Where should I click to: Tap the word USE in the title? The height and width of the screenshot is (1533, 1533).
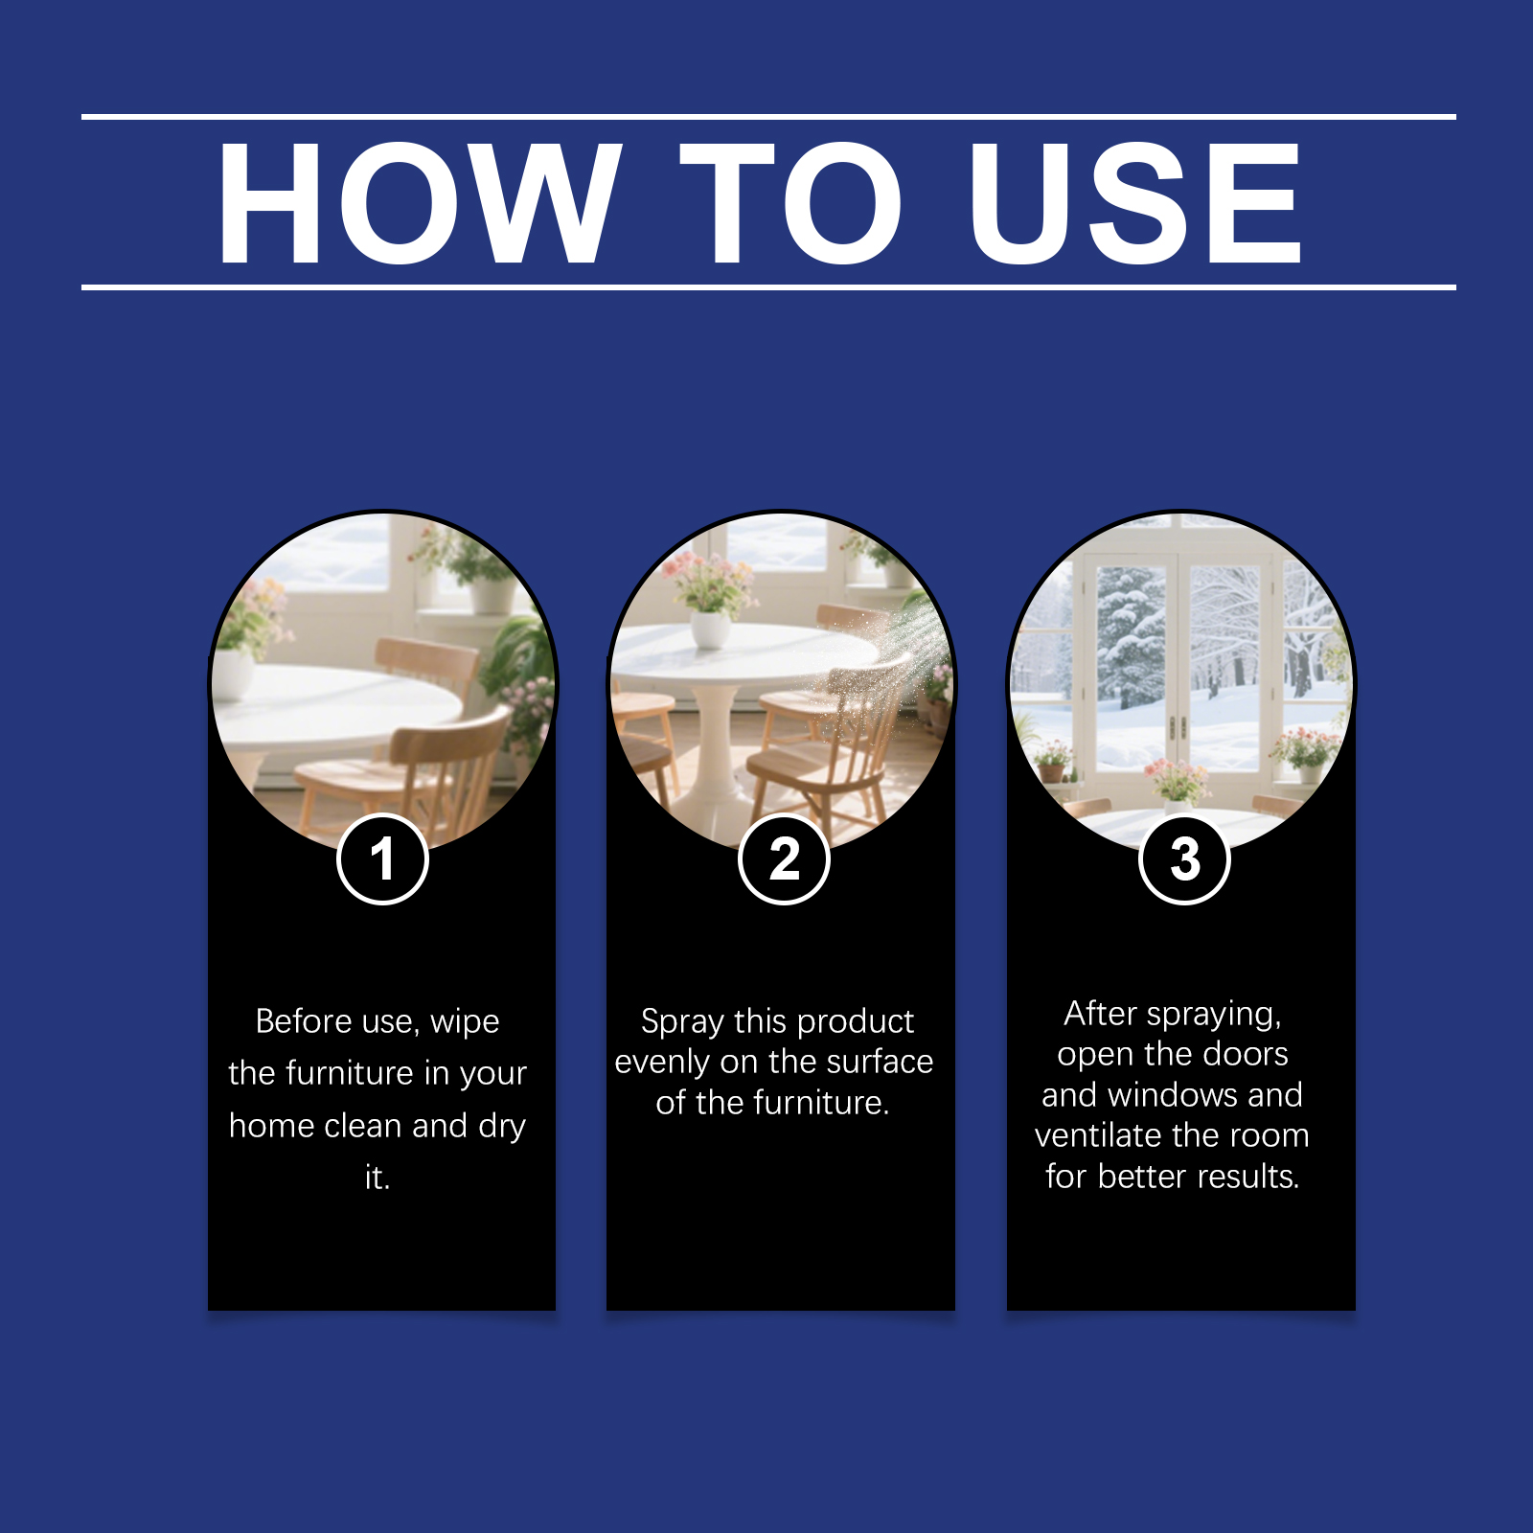tap(1134, 202)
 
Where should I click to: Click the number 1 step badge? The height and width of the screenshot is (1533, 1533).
tap(382, 858)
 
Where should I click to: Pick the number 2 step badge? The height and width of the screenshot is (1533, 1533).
tap(784, 858)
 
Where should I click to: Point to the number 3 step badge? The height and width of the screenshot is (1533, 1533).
tap(1184, 858)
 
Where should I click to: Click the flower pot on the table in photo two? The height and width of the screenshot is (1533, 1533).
tap(710, 629)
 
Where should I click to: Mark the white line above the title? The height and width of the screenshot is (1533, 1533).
tap(768, 117)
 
